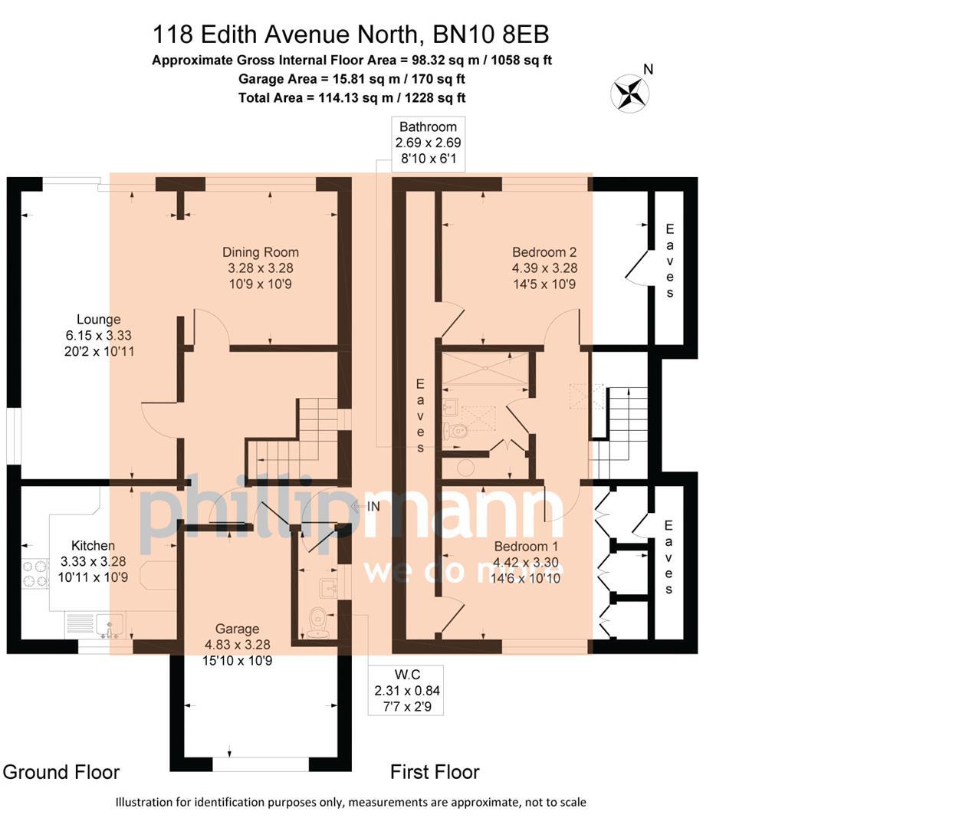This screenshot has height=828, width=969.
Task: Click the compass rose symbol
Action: (629, 94)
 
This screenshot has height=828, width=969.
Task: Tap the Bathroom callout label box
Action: (428, 143)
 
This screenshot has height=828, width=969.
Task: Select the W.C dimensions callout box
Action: (406, 690)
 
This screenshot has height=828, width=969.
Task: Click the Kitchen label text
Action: (93, 546)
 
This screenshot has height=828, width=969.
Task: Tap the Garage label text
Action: (237, 629)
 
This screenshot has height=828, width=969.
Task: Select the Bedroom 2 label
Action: (544, 252)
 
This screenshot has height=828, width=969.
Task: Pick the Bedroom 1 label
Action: (526, 547)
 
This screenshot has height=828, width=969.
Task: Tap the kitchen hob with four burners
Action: (34, 574)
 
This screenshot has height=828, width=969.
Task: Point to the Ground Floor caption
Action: (61, 772)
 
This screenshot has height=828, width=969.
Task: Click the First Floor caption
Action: (435, 772)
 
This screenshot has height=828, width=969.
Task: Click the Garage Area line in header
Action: (352, 79)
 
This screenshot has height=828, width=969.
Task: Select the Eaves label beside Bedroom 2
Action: (669, 261)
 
